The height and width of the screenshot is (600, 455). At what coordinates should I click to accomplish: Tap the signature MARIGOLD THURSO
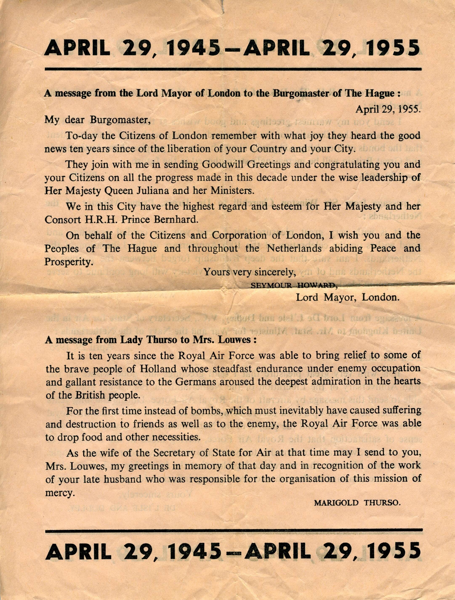pyautogui.click(x=357, y=503)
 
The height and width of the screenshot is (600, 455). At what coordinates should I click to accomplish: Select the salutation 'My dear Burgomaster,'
pyautogui.click(x=97, y=120)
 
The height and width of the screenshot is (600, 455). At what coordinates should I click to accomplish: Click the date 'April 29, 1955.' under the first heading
pyautogui.click(x=388, y=109)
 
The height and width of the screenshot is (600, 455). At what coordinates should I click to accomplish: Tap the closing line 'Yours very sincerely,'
pyautogui.click(x=250, y=272)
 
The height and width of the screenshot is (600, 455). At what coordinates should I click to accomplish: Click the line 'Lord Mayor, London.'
pyautogui.click(x=347, y=297)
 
